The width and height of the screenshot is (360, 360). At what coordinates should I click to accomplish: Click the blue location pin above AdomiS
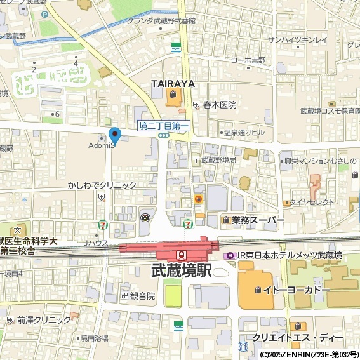[115, 135]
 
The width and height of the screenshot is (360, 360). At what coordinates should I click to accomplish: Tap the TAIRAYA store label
[172, 84]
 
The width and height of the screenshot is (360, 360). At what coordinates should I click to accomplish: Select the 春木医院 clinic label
[219, 105]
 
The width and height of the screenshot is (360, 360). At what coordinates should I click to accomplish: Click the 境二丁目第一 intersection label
[164, 126]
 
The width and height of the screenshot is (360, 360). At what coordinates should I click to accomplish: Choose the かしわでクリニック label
[102, 185]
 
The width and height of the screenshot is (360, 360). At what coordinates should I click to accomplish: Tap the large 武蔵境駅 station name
[182, 270]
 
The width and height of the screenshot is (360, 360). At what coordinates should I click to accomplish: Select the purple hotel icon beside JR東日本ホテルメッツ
[230, 255]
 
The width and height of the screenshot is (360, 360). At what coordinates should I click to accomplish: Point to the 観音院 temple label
[142, 295]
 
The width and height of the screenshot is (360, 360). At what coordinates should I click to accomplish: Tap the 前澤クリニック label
[44, 320]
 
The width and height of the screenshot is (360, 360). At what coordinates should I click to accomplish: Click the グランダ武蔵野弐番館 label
[161, 20]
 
